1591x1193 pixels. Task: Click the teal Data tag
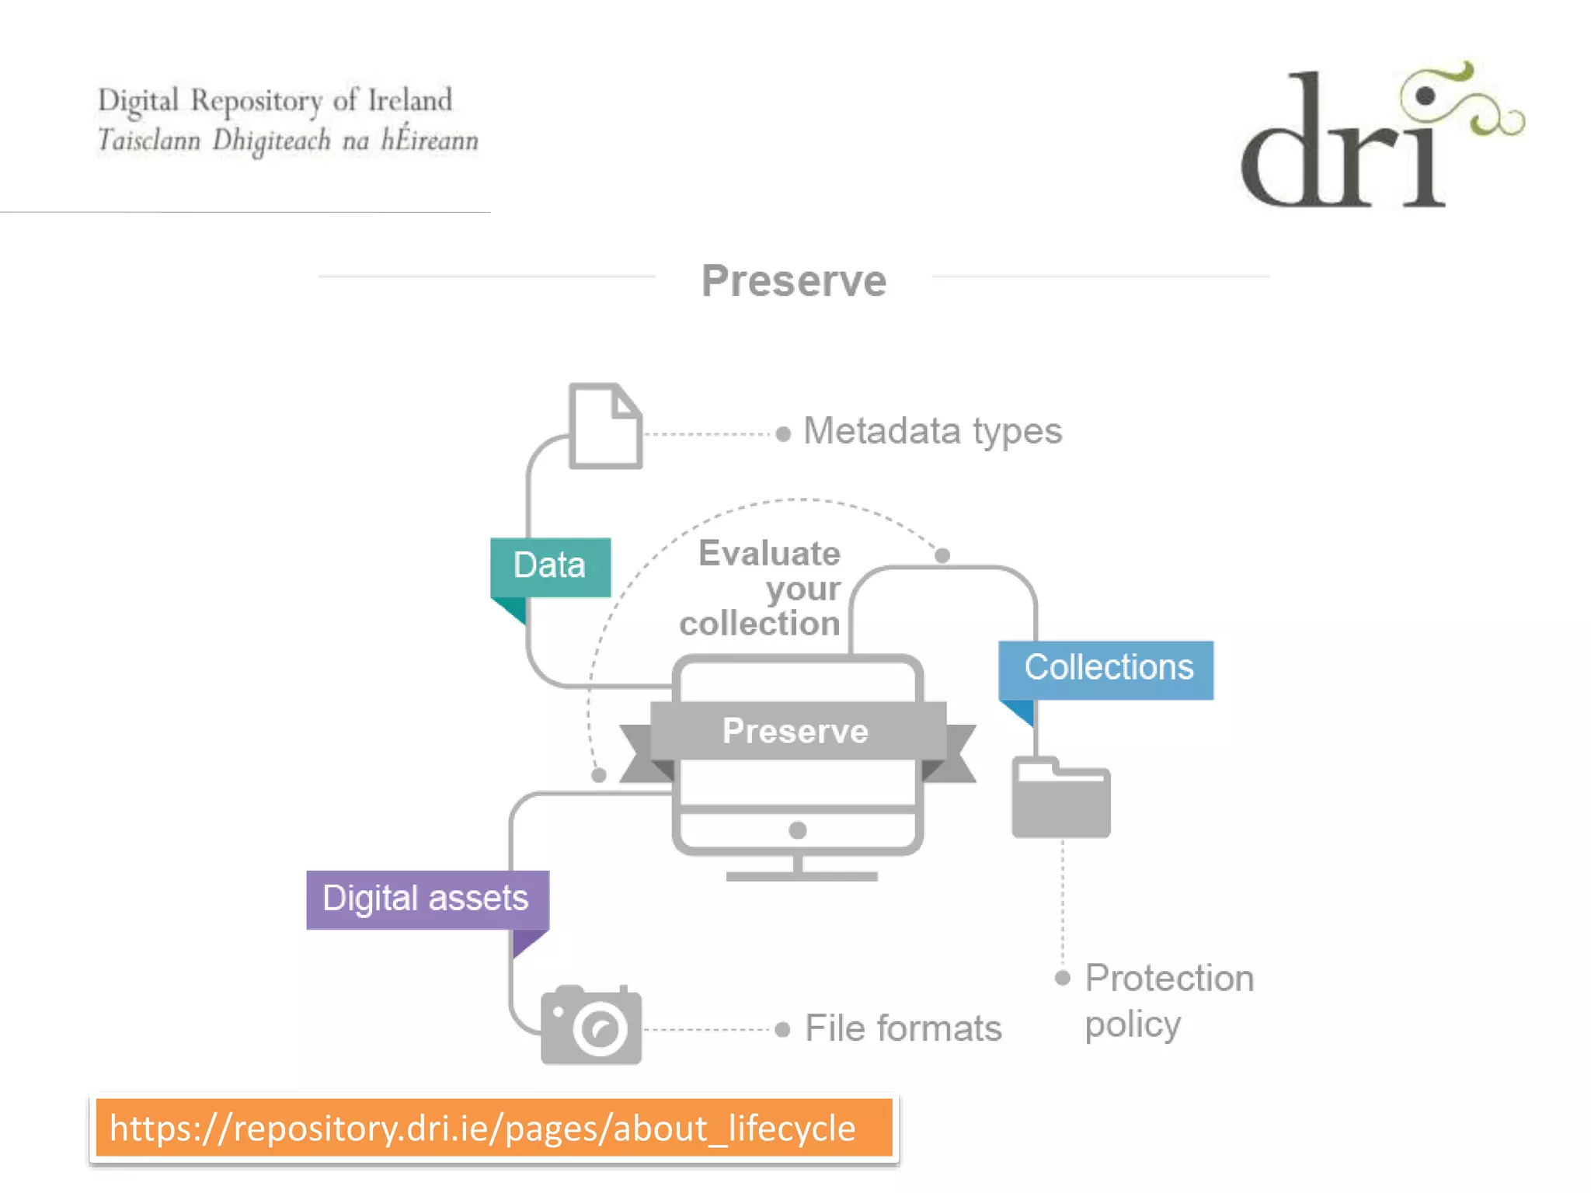coord(550,566)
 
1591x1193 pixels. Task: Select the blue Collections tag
coord(1106,669)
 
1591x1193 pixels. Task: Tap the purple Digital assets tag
coord(427,899)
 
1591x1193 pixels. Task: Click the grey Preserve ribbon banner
coord(797,731)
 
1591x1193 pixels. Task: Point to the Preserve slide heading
coord(793,280)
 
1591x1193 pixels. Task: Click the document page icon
coord(605,426)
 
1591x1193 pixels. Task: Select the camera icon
coord(591,1025)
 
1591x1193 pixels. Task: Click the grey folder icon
coord(1060,798)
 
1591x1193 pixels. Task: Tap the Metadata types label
coord(932,431)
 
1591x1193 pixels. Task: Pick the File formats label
coord(903,1028)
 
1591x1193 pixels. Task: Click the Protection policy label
coord(1168,1000)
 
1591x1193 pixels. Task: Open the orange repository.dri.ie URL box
coord(494,1128)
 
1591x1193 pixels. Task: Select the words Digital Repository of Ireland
coord(275,101)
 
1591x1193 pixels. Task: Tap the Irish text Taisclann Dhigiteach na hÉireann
coord(287,141)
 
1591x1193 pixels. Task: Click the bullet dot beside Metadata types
coord(783,433)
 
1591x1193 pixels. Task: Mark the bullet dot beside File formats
coord(782,1030)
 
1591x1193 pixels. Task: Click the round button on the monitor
coord(797,830)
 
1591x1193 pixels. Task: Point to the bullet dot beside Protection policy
coord(1063,978)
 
